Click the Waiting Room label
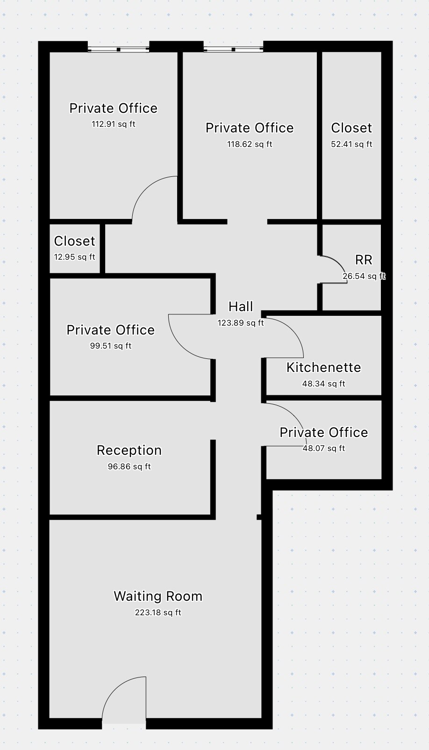pyautogui.click(x=158, y=597)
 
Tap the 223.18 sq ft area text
pyautogui.click(x=158, y=612)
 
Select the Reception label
pyautogui.click(x=129, y=451)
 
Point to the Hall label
pyautogui.click(x=241, y=306)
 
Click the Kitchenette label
pyautogui.click(x=324, y=368)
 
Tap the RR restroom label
pyautogui.click(x=364, y=260)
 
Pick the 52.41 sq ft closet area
pyautogui.click(x=351, y=144)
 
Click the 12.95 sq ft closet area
pyautogui.click(x=75, y=257)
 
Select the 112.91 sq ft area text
pyautogui.click(x=114, y=124)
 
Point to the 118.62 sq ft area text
pyautogui.click(x=250, y=144)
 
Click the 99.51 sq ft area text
pyautogui.click(x=111, y=346)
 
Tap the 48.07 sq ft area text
pyautogui.click(x=324, y=448)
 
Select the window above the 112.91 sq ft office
pyautogui.click(x=118, y=50)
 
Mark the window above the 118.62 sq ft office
pyautogui.click(x=233, y=50)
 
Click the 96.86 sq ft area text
pyautogui.click(x=129, y=467)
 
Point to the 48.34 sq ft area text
pyautogui.click(x=324, y=384)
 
